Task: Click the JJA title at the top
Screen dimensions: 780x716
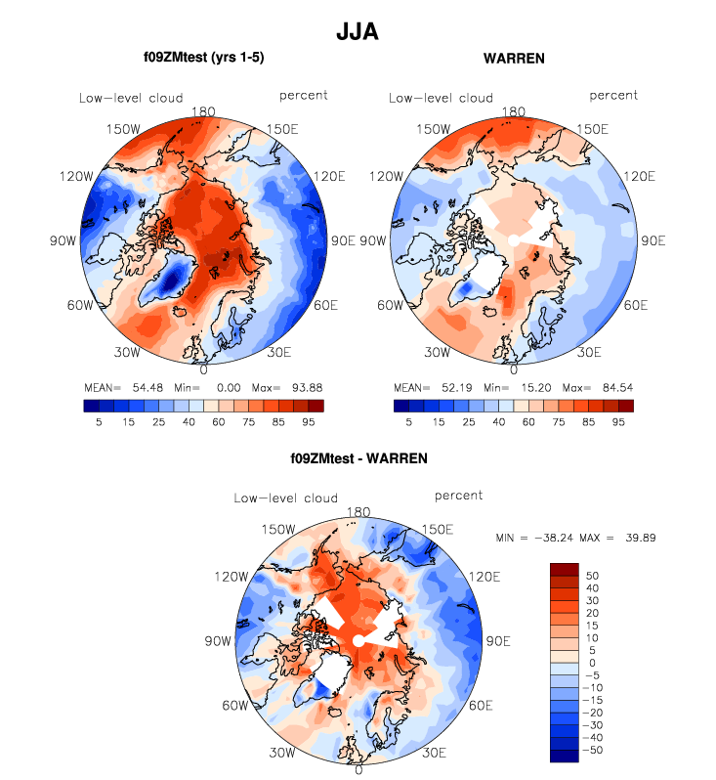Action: pyautogui.click(x=357, y=32)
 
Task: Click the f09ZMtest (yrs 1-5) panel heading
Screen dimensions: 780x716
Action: pyautogui.click(x=204, y=59)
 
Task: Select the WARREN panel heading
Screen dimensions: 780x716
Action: pyautogui.click(x=514, y=59)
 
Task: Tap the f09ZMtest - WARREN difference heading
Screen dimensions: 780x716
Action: pyautogui.click(x=358, y=457)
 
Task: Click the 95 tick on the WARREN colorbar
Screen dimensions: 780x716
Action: pyautogui.click(x=618, y=422)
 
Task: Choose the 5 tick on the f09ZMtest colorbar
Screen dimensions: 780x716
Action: pyautogui.click(x=99, y=422)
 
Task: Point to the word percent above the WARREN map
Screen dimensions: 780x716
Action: pyautogui.click(x=613, y=95)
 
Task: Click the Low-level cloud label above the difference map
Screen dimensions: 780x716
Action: pyautogui.click(x=285, y=498)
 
